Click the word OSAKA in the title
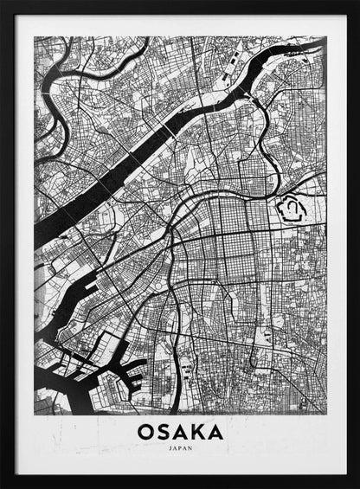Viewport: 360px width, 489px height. click(179, 431)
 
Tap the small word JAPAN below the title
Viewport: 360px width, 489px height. click(179, 449)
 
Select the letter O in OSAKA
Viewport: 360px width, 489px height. click(145, 431)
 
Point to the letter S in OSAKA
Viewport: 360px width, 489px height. click(163, 431)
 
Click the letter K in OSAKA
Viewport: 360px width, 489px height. click(197, 431)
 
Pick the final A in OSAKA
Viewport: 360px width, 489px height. click(215, 431)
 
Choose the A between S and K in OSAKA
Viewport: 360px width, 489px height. click(180, 431)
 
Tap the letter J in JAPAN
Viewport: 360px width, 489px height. click(170, 449)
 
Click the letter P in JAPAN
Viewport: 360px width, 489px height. click(179, 449)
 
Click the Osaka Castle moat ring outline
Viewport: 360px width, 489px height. click(292, 208)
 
